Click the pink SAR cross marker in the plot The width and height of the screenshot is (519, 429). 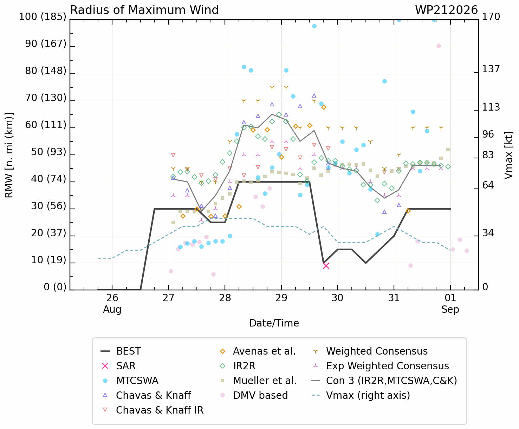[x=326, y=266]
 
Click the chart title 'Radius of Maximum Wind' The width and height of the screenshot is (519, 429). [x=144, y=10]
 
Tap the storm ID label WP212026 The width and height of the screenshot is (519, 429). [x=446, y=10]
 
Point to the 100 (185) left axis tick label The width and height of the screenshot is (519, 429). [x=43, y=16]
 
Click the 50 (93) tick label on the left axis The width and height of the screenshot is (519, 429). [x=48, y=152]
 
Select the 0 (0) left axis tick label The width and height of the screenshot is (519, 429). [x=55, y=287]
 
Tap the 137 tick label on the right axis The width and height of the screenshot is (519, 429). [x=491, y=69]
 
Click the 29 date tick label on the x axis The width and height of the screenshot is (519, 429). [x=281, y=298]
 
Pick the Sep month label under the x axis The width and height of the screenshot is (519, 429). [x=450, y=310]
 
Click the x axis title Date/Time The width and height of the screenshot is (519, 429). [x=274, y=323]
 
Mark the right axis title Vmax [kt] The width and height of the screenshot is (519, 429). [x=508, y=155]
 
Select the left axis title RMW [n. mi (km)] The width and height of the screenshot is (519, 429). [x=9, y=155]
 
